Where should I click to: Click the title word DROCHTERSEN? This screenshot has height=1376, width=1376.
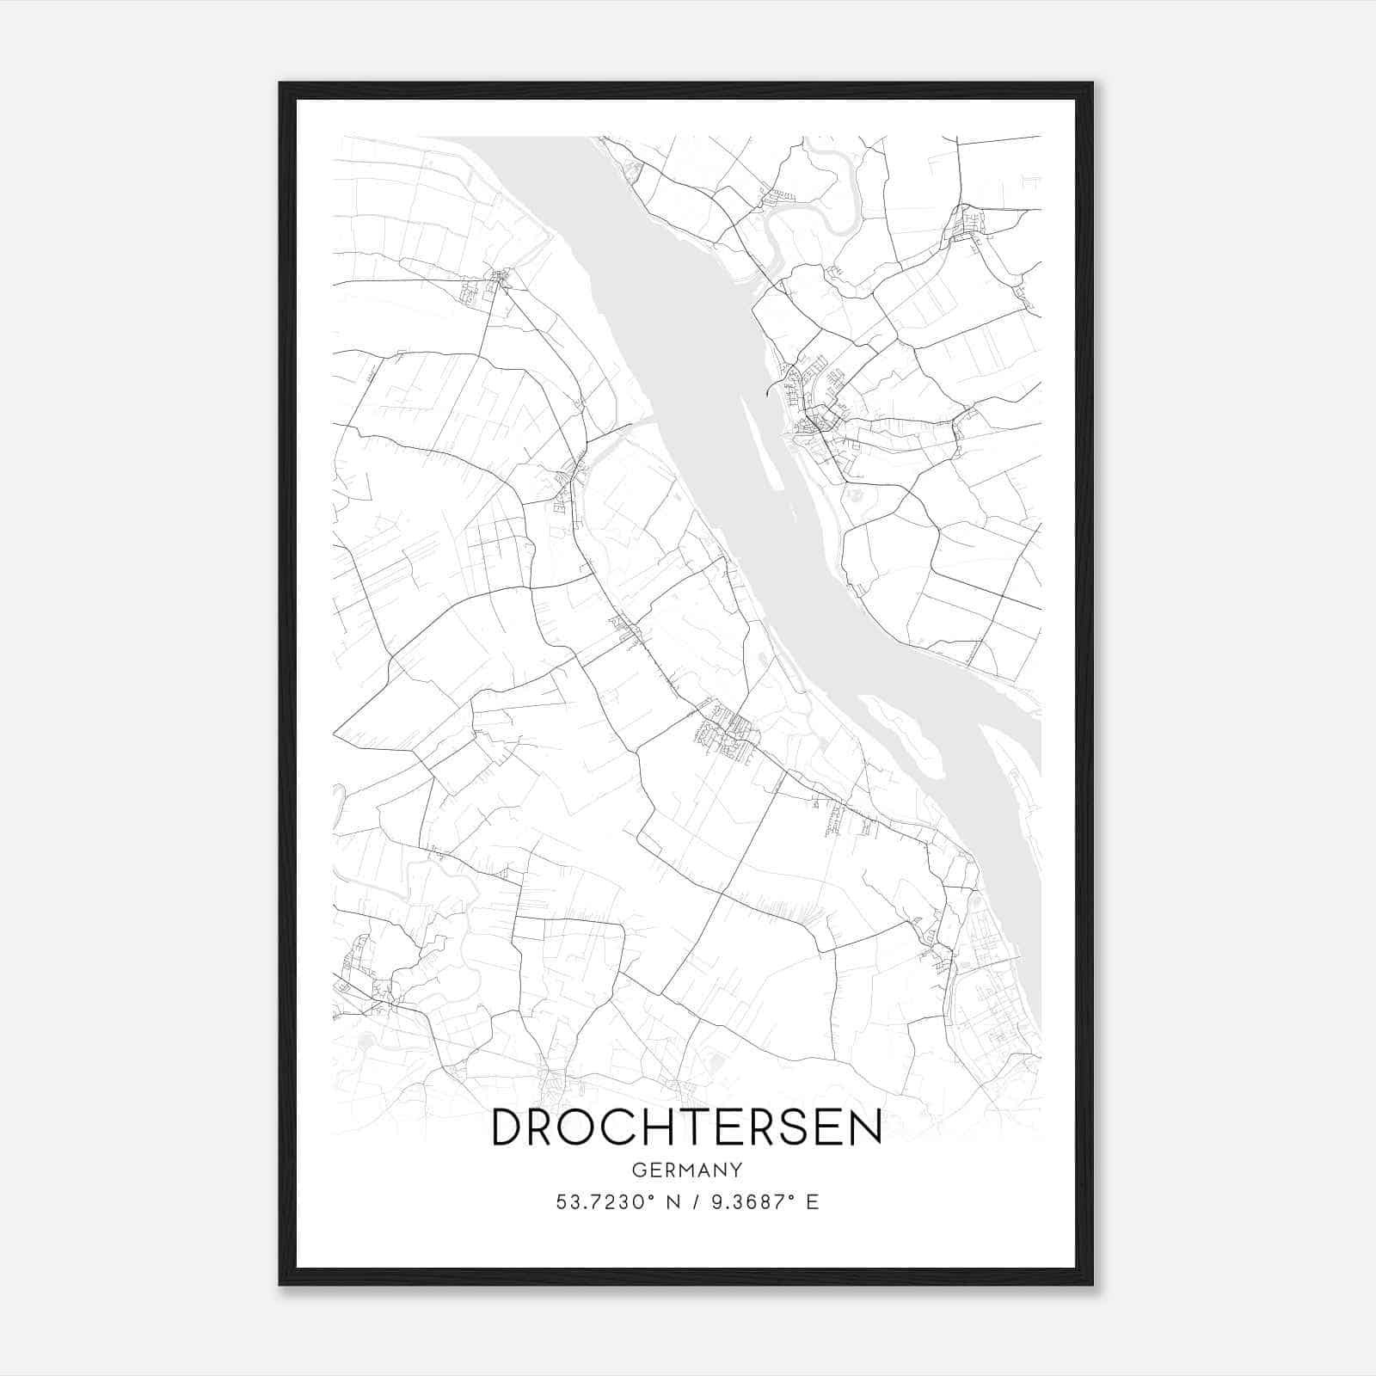pyautogui.click(x=686, y=1128)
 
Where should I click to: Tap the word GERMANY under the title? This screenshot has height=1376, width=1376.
pyautogui.click(x=686, y=1170)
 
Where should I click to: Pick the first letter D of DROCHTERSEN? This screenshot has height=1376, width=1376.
pyautogui.click(x=507, y=1128)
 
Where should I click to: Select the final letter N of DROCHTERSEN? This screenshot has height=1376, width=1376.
pyautogui.click(x=864, y=1128)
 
